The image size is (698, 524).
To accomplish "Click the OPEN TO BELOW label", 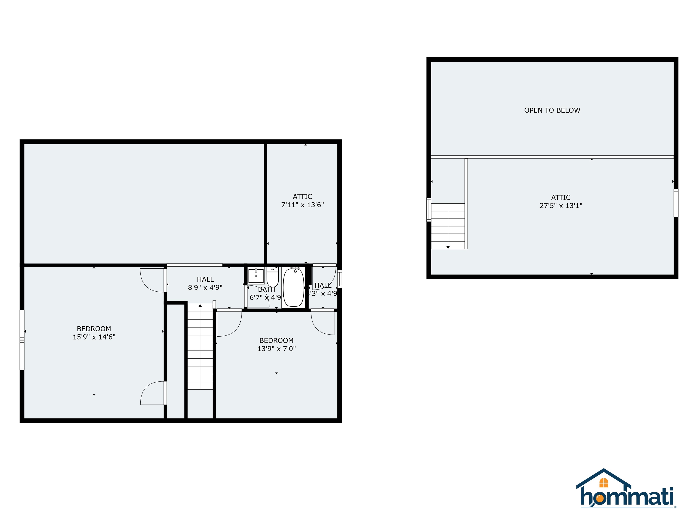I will click(552, 110).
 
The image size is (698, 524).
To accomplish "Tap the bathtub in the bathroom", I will click(294, 287).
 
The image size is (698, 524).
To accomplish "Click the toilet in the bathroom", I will click(272, 277).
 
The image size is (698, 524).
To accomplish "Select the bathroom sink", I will click(256, 276).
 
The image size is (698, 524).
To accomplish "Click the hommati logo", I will click(626, 493).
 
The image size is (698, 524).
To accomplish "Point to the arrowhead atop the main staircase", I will click(200, 306).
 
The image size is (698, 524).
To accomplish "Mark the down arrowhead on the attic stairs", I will click(448, 247).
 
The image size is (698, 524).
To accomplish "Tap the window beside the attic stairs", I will click(429, 209).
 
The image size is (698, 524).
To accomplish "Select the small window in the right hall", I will click(339, 279).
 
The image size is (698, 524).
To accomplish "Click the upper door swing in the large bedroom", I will click(152, 280).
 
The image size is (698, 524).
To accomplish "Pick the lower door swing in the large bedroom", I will click(153, 393).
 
